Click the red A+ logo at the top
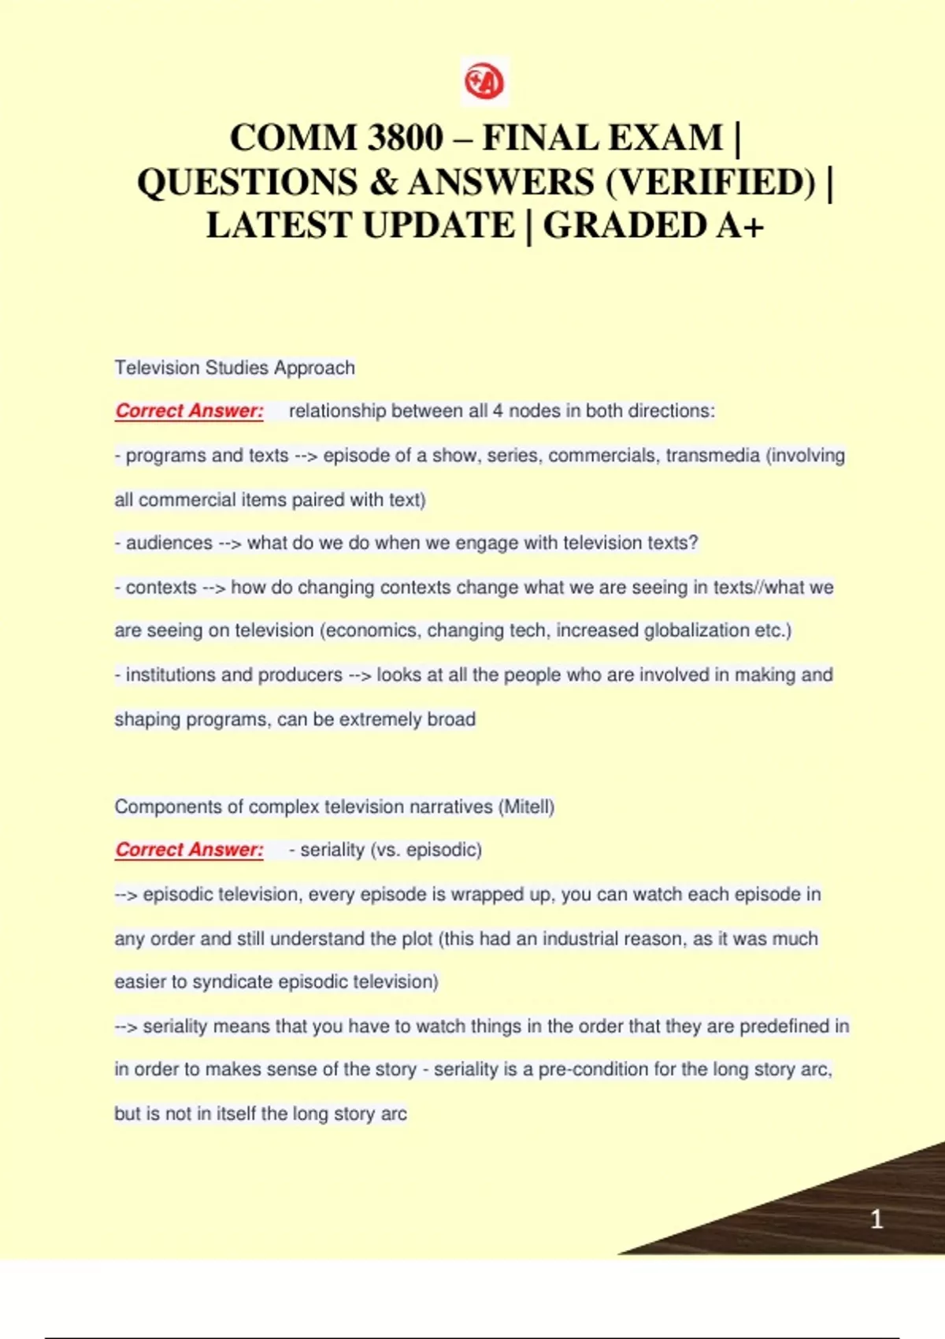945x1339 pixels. click(x=484, y=81)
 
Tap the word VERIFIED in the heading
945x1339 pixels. click(x=711, y=182)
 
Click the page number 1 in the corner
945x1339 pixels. click(x=876, y=1219)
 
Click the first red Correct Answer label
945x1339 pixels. click(x=189, y=411)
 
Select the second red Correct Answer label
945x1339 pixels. click(x=189, y=850)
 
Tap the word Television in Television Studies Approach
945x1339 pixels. click(x=157, y=368)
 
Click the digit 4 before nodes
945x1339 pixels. click(x=498, y=411)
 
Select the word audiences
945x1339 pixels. click(x=169, y=543)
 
